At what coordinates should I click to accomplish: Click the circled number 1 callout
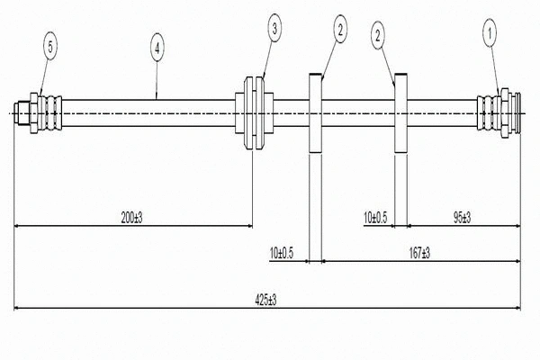[x=490, y=35]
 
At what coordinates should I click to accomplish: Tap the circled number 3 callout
[x=275, y=30]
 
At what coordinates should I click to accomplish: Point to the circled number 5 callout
[x=50, y=43]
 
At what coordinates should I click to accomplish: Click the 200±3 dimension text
[x=132, y=217]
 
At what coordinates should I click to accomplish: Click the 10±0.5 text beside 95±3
[x=375, y=217]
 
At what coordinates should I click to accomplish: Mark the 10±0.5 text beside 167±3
[x=282, y=253]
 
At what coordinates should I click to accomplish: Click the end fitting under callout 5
[x=40, y=113]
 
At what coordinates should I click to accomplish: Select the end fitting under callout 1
[x=499, y=113]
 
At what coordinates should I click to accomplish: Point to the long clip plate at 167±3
[x=316, y=162]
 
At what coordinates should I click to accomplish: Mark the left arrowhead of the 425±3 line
[x=17, y=309]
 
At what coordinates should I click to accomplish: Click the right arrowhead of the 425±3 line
[x=517, y=309]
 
